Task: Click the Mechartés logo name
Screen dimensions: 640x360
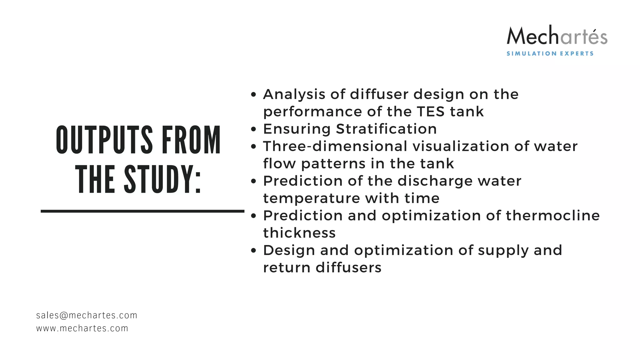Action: point(557,36)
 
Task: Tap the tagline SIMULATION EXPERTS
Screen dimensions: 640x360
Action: point(550,54)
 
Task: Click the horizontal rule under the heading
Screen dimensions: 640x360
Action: point(142,212)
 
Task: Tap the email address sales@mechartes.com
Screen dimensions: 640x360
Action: point(87,315)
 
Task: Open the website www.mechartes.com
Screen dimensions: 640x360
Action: point(82,328)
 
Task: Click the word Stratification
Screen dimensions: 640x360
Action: point(386,129)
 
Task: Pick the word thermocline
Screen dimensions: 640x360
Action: point(552,216)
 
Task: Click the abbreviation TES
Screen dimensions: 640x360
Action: point(431,112)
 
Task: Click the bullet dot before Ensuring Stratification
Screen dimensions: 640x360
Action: point(253,129)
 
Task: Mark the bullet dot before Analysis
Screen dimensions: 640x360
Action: point(253,95)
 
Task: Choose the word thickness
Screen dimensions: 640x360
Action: point(299,233)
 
